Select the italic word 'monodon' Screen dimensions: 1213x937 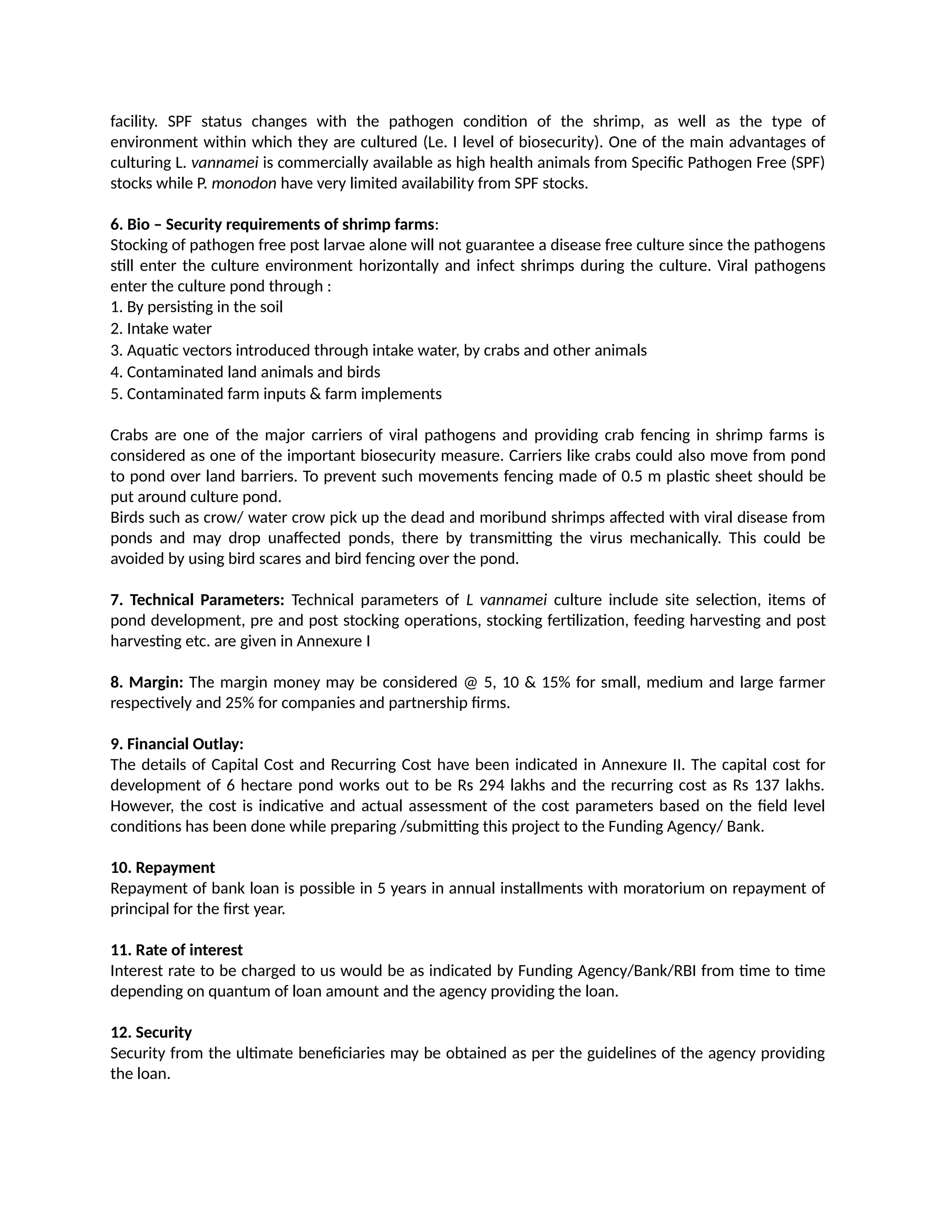coord(244,183)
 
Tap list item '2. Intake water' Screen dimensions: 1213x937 coord(161,329)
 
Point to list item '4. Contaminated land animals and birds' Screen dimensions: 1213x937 coord(245,372)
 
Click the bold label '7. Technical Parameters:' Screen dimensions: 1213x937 coord(197,600)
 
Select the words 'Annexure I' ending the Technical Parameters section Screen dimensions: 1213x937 coord(333,641)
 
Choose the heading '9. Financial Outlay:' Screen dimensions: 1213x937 coord(177,744)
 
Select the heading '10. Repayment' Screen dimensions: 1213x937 coord(162,867)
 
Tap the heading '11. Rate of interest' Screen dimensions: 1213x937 coord(177,950)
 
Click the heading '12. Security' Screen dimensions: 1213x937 coord(151,1033)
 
